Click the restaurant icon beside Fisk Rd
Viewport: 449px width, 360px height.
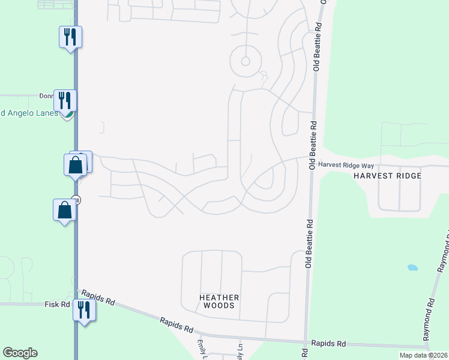(x=83, y=310)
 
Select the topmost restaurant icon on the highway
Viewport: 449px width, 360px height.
(x=70, y=37)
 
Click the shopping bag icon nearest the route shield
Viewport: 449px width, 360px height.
(x=64, y=210)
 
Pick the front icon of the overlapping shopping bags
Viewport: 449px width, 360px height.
(x=76, y=165)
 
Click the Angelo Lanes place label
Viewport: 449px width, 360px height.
(x=29, y=113)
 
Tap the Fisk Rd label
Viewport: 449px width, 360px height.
(x=58, y=305)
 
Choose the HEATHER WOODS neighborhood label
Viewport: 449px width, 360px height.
(x=219, y=301)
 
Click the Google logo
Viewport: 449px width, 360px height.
(x=20, y=353)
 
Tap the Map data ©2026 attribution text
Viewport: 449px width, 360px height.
(x=423, y=355)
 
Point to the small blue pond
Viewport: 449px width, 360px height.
(x=412, y=267)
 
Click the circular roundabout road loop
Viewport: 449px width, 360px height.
(x=245, y=61)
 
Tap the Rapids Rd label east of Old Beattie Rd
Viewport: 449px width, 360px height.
(x=329, y=344)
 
